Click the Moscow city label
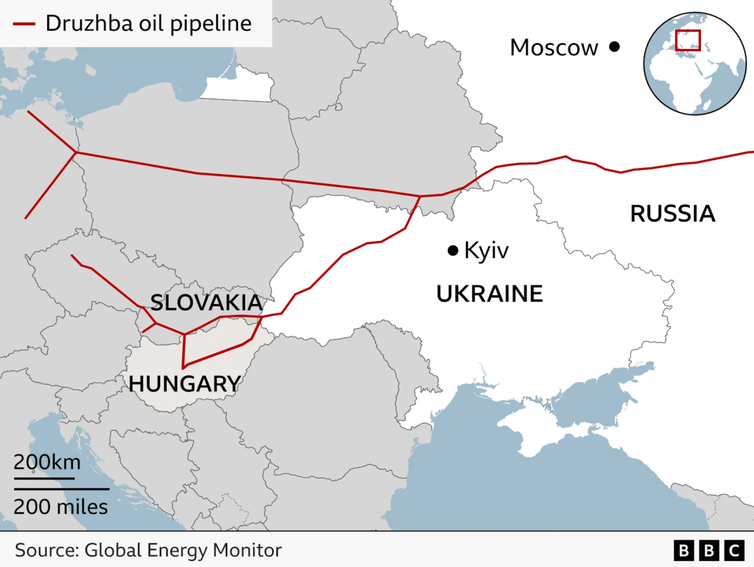coord(554,48)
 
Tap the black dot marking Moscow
coord(614,47)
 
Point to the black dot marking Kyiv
coord(453,251)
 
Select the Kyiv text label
coord(486,251)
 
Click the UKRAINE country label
coord(489,294)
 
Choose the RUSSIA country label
coord(673,214)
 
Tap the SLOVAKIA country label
coord(206,302)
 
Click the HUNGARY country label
coord(185,384)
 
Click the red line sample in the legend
coord(24,24)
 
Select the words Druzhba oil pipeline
coord(148,24)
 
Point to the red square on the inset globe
coord(687,40)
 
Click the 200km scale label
coord(47,462)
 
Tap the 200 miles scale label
coord(60,507)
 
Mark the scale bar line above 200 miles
coord(61,489)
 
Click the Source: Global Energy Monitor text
coord(148,550)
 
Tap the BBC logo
coord(709,550)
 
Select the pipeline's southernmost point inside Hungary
coord(183,368)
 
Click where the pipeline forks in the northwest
coord(76,152)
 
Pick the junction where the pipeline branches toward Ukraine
coord(420,196)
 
